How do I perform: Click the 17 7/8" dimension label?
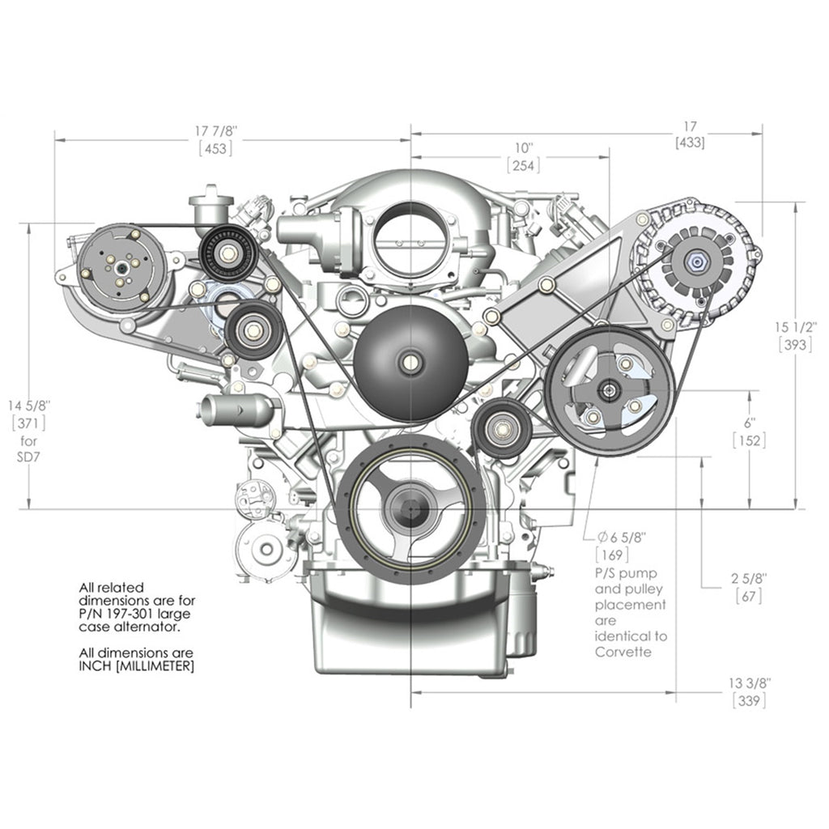216,130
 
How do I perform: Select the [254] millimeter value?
524,165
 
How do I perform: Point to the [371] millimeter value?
28,423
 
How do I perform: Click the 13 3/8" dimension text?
750,683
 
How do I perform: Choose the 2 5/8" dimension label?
749,578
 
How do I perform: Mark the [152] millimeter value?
750,440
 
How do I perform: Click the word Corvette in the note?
623,652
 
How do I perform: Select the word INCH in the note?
96,665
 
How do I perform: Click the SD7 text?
28,457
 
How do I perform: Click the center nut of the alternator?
695,261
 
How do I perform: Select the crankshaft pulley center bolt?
410,508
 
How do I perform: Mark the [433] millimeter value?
690,142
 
